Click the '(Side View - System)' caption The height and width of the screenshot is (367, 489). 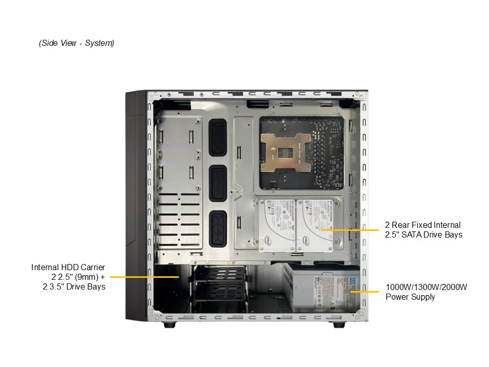[76, 43]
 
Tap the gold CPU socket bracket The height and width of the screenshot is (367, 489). [286, 152]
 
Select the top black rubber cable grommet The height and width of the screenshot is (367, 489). [218, 137]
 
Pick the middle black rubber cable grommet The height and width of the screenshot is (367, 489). [218, 183]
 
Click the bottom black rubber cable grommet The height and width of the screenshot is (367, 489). [218, 229]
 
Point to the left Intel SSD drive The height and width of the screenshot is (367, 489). [276, 225]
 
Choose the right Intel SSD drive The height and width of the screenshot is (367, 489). [314, 225]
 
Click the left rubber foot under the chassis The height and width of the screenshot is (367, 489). [170, 325]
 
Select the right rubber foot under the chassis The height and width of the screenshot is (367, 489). [339, 325]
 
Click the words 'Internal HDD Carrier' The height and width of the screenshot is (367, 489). [68, 268]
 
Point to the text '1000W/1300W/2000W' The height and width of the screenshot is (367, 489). [426, 287]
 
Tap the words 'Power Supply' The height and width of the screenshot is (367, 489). [410, 297]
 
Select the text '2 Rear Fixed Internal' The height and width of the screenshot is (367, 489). [423, 225]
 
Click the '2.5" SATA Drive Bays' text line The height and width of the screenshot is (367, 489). [423, 234]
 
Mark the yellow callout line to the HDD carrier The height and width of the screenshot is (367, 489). [144, 277]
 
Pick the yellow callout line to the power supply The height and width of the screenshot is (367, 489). [364, 292]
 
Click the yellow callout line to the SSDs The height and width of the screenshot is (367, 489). [349, 230]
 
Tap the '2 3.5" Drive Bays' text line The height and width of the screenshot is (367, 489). [74, 287]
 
